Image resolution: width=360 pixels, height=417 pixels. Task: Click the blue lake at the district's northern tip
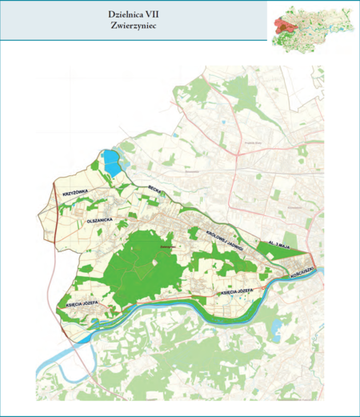tap(110, 162)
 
